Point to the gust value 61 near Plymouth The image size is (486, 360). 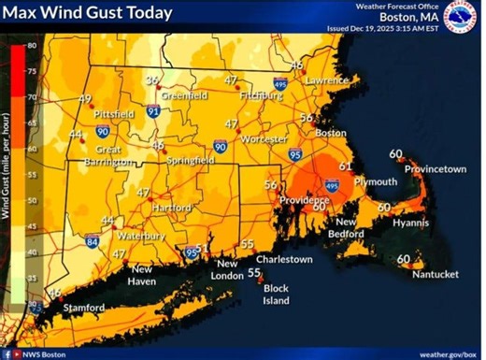pos(345,166)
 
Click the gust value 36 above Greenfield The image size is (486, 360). pos(151,81)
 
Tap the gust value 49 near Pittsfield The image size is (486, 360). pos(85,99)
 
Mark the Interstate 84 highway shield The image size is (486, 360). pos(93,241)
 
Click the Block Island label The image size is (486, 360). pos(275,295)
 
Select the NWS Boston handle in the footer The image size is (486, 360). pos(45,353)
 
